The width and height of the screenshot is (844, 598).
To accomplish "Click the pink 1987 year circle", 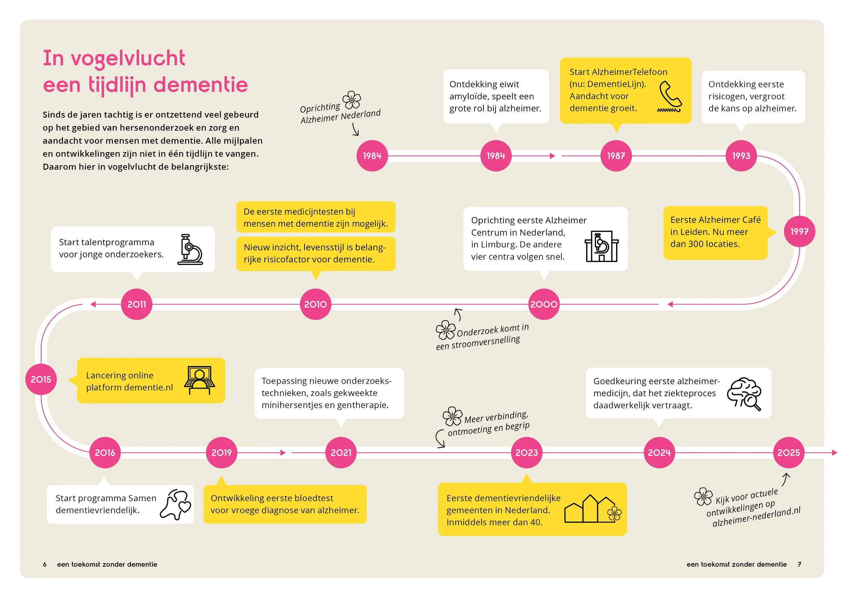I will [616, 156].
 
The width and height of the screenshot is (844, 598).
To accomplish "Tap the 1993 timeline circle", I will [741, 156].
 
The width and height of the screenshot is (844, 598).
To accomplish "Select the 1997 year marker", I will [799, 232].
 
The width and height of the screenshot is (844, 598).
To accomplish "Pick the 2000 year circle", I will [544, 304].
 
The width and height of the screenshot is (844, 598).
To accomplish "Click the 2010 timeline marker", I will [315, 304].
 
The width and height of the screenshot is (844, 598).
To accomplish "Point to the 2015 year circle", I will [41, 379].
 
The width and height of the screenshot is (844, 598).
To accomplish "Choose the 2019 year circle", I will [221, 453].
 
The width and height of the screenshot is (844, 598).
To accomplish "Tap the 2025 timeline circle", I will [788, 453].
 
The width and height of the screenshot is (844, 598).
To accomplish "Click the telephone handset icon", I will [670, 96].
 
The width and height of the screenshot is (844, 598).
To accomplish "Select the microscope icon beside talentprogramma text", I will [190, 249].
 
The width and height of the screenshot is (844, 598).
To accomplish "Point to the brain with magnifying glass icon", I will [744, 393].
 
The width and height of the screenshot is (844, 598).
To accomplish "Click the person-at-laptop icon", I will [200, 380].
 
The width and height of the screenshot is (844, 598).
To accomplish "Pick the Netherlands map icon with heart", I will [176, 505].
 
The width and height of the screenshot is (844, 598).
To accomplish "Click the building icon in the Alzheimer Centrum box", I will [602, 246].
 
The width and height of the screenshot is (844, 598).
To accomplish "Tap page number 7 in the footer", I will [799, 564].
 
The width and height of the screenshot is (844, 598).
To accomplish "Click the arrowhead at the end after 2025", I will [835, 453].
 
